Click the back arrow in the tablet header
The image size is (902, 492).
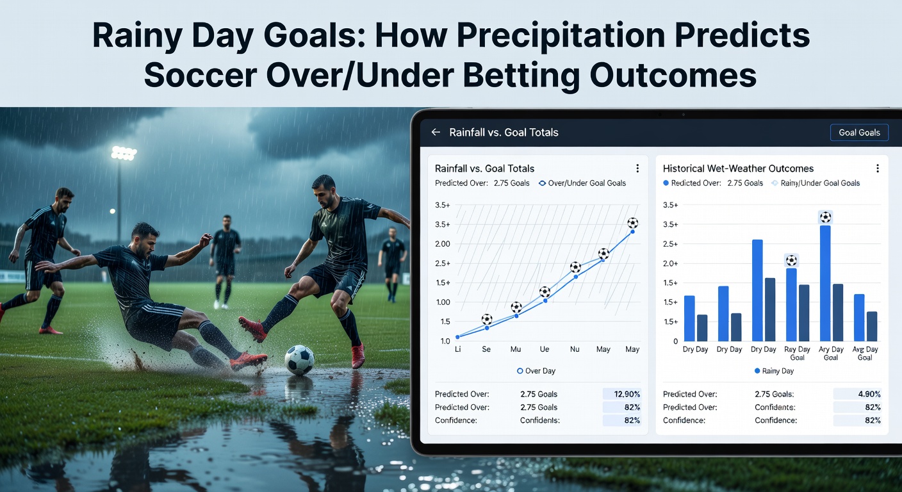(436, 133)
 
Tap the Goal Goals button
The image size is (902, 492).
(858, 133)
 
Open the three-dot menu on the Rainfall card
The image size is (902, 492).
(637, 168)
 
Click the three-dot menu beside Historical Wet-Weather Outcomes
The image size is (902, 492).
(877, 168)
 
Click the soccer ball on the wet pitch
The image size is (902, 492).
(299, 360)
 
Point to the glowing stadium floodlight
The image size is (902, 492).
(123, 154)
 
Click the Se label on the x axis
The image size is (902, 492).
(487, 350)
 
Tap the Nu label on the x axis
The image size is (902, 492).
(575, 350)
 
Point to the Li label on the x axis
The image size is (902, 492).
(458, 350)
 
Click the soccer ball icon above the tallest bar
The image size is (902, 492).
(825, 217)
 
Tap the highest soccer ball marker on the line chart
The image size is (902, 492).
(632, 223)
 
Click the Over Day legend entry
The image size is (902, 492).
(536, 371)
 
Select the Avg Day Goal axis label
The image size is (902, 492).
(865, 354)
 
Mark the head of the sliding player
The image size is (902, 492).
(145, 237)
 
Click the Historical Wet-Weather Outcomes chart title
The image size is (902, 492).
(738, 168)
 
